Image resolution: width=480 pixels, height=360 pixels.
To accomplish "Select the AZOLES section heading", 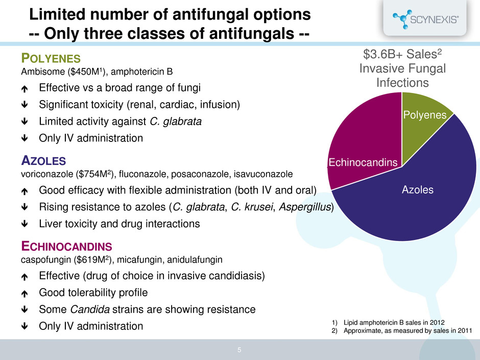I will click(43, 161).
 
